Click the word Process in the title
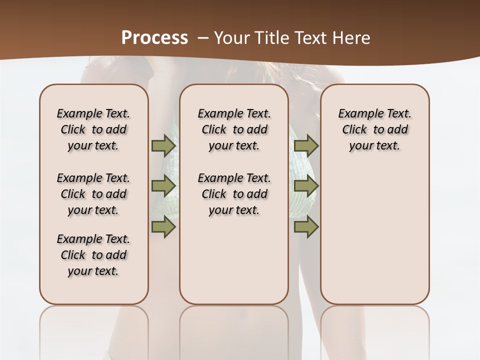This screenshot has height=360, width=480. coord(154,37)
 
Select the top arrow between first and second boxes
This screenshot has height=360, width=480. coord(163,145)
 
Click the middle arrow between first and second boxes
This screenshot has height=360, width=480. coord(163,186)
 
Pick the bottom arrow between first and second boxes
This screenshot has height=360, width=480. coord(163,226)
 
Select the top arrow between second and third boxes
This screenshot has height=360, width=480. coord(306,145)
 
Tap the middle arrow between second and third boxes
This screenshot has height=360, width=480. coord(306,186)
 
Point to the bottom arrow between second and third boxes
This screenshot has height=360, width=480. coord(306,226)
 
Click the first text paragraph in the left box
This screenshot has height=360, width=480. coord(93,129)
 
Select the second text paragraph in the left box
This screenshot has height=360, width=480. coord(93,194)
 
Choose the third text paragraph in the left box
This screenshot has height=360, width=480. coord(93,255)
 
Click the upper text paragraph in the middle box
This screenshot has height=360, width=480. coord(234,129)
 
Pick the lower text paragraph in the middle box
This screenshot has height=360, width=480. coord(234,194)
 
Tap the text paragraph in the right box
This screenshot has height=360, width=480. coord(374,129)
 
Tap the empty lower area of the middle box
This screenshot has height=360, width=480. coord(234,265)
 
